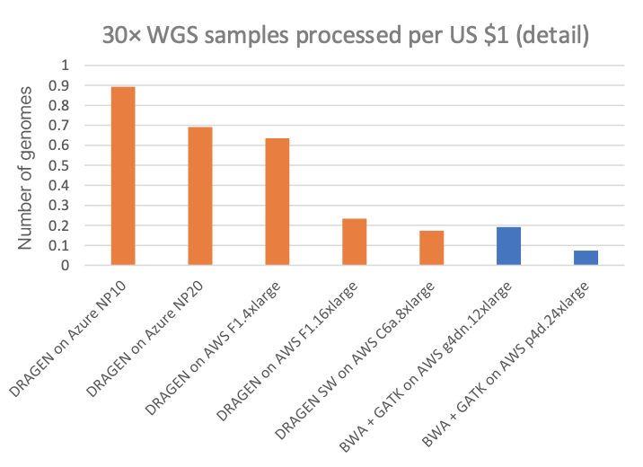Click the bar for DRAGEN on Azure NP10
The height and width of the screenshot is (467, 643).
click(x=122, y=176)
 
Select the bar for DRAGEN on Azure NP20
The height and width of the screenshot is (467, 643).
click(x=199, y=196)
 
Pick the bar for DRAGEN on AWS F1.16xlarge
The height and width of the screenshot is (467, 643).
click(x=354, y=242)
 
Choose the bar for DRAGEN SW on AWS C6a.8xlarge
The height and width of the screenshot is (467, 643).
click(x=431, y=248)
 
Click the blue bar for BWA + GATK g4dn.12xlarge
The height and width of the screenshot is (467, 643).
click(x=508, y=246)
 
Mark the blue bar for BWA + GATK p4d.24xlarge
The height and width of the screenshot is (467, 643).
click(x=586, y=258)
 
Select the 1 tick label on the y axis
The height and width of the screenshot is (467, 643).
click(x=63, y=66)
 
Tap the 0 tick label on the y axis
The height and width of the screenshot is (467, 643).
click(x=63, y=266)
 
